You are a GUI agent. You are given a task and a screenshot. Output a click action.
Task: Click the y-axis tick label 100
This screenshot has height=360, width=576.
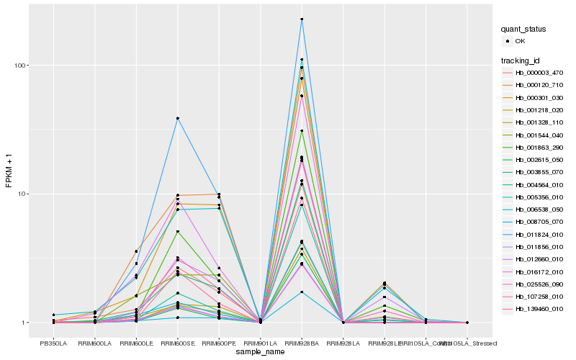click(20, 66)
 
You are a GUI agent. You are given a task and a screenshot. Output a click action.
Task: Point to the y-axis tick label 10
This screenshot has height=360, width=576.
click(22, 194)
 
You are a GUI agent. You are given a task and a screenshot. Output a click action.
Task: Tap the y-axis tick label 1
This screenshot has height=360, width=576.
click(24, 323)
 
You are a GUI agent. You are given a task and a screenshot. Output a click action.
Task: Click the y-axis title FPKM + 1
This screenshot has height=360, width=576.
click(9, 171)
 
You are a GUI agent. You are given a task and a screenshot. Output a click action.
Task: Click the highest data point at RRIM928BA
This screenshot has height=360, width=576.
click(302, 19)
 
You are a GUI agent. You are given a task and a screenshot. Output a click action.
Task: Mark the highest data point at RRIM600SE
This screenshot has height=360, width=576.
click(177, 118)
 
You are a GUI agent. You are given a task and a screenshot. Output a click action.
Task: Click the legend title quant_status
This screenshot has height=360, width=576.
click(524, 30)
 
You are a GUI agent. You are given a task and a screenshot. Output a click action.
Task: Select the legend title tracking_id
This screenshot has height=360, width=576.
click(521, 60)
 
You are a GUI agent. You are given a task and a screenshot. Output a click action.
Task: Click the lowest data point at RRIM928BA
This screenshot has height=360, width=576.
click(302, 292)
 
